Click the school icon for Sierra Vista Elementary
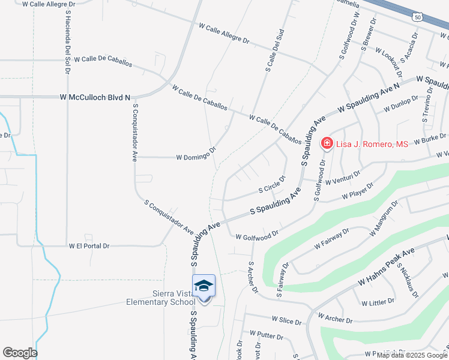pyautogui.click(x=203, y=286)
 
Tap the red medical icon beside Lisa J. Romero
pyautogui.click(x=327, y=143)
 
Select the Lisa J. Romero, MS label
pyautogui.click(x=364, y=144)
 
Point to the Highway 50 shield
pyautogui.click(x=417, y=17)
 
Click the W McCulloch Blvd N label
pyautogui.click(x=95, y=97)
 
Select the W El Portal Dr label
pyautogui.click(x=89, y=246)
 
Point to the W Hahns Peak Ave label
pyautogui.click(x=387, y=266)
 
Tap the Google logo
pyautogui.click(x=20, y=353)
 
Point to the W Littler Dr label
pyautogui.click(x=374, y=301)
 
